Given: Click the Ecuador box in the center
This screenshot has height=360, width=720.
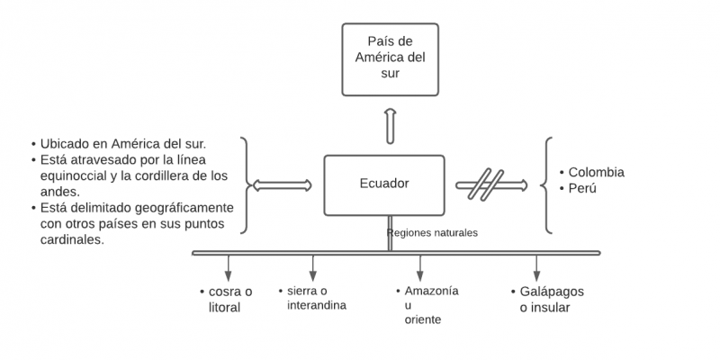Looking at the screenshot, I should [384, 184].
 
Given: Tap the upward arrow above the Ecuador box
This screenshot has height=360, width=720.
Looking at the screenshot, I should [390, 125].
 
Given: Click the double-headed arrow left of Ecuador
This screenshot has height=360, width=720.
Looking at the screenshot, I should [283, 185].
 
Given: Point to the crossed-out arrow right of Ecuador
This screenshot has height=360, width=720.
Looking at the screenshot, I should [490, 185].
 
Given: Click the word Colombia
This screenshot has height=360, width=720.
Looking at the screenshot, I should [597, 172].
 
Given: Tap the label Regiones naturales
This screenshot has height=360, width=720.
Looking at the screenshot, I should [432, 233].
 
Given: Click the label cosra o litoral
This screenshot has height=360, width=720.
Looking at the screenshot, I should [224, 300].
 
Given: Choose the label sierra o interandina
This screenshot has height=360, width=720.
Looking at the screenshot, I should [311, 298].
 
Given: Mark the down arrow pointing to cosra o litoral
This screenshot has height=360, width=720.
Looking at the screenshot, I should [228, 267].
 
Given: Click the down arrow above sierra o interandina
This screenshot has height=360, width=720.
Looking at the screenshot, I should [313, 267].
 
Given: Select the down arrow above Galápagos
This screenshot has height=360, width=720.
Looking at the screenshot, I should [537, 267].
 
